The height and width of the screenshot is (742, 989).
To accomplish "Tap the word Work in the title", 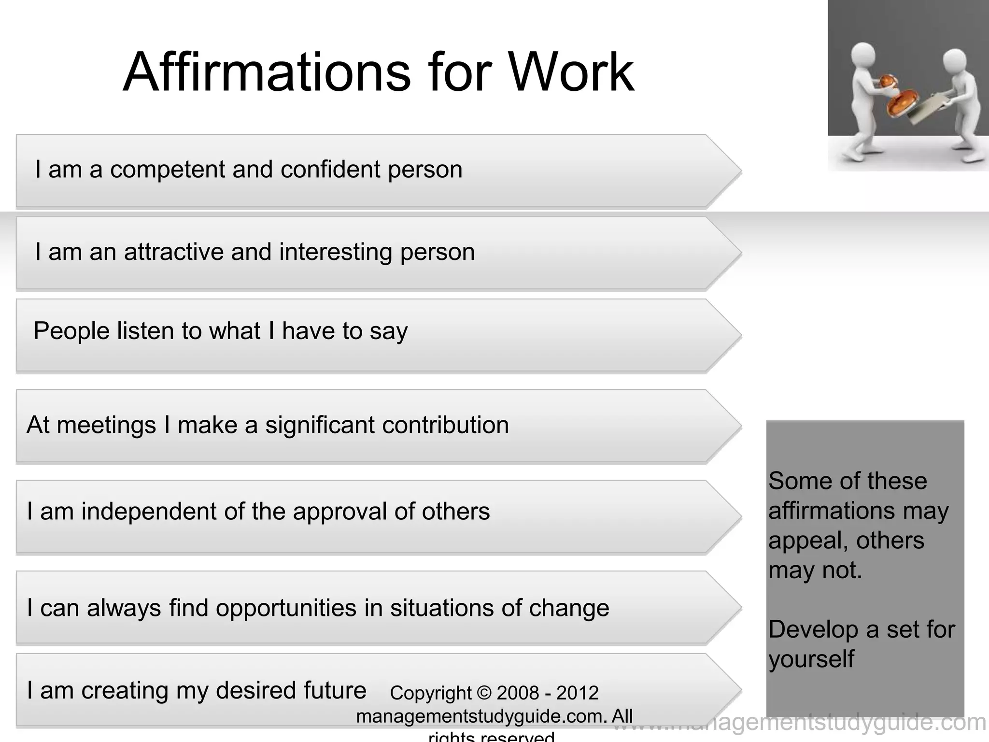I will coord(571,72).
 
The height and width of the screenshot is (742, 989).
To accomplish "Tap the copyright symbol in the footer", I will coord(484,693).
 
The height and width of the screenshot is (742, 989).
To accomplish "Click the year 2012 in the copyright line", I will coord(577,693).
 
